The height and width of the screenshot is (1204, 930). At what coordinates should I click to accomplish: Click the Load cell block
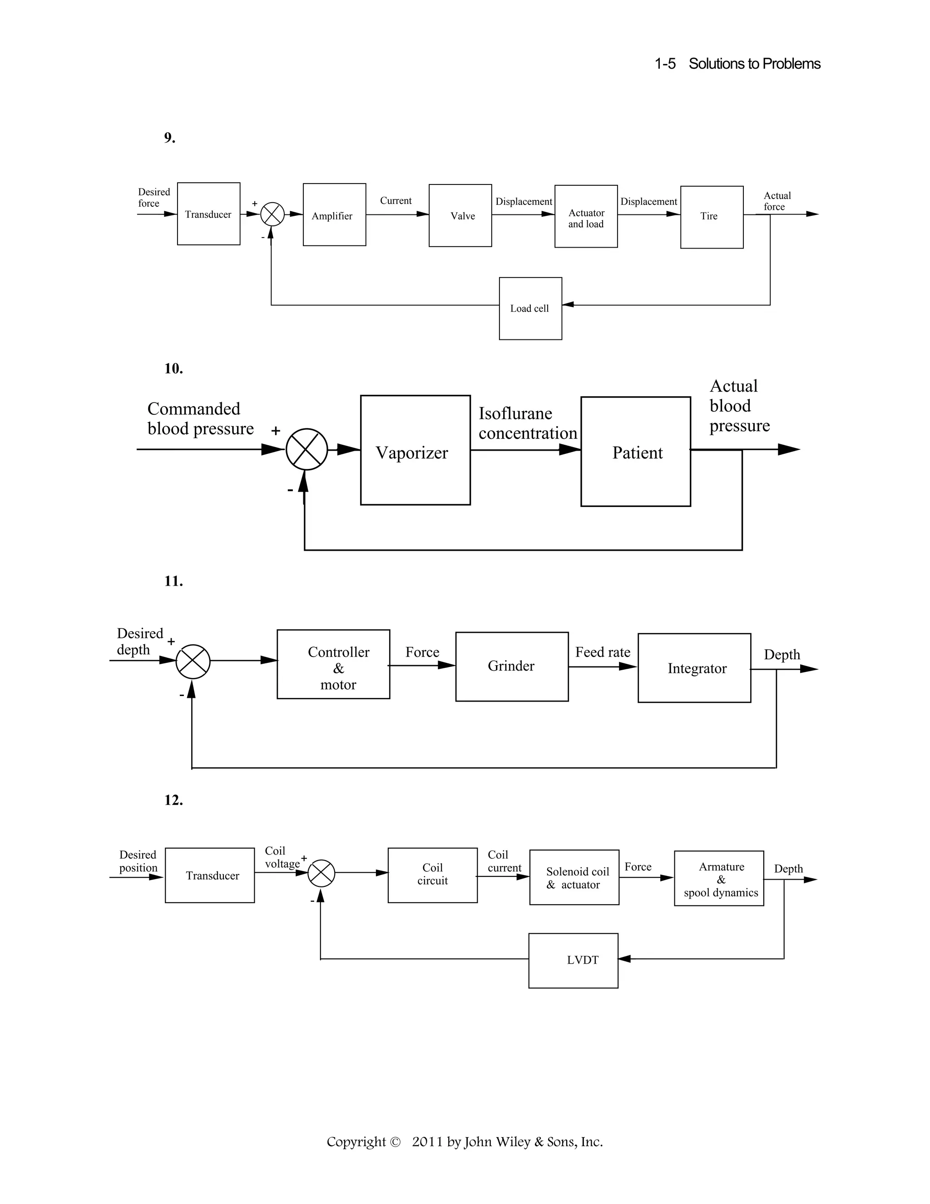[x=530, y=308]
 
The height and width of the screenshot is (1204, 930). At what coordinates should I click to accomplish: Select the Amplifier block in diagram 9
[x=334, y=215]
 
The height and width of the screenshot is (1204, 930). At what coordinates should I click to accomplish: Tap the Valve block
[x=460, y=215]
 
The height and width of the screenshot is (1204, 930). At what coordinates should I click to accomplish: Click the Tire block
[x=711, y=217]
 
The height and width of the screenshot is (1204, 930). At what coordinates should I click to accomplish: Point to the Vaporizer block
[x=415, y=450]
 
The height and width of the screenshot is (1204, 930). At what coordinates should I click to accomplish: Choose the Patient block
[x=635, y=452]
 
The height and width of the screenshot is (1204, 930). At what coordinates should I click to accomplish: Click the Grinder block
[x=511, y=667]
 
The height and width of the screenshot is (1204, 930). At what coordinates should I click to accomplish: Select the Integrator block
[x=694, y=668]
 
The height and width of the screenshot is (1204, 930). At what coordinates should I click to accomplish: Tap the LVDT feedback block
[x=573, y=960]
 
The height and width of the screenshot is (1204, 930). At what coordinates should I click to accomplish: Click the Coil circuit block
[x=432, y=875]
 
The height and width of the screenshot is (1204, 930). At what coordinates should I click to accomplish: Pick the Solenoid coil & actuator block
[x=574, y=878]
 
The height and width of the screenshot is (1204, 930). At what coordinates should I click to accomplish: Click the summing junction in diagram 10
[x=307, y=449]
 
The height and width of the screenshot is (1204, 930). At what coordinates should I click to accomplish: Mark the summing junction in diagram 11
[x=193, y=661]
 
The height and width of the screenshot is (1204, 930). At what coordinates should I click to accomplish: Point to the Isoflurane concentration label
[x=527, y=423]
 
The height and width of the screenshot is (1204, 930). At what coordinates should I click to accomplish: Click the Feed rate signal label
[x=603, y=652]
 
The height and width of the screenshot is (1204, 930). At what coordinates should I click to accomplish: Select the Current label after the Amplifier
[x=396, y=201]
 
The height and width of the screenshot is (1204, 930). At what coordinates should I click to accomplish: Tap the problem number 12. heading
[x=173, y=800]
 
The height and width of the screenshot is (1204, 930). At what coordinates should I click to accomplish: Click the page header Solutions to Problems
[x=754, y=64]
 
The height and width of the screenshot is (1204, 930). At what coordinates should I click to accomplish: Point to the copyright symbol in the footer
[x=395, y=1142]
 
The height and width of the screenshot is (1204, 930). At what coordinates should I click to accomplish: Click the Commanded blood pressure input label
[x=200, y=418]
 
